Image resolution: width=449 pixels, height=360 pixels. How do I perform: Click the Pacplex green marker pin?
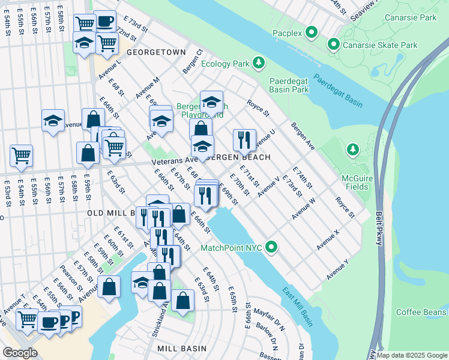click(x=312, y=32)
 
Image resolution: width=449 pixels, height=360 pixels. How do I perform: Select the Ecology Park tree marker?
click(x=258, y=62)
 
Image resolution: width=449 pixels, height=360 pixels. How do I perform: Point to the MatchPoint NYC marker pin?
click(x=271, y=247)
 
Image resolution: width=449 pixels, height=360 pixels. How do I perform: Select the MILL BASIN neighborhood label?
click(x=182, y=349)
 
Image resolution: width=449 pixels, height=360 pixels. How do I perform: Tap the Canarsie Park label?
click(x=411, y=18)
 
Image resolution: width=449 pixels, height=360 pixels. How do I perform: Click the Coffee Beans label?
click(x=421, y=312)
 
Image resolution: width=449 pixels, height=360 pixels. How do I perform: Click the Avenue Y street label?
click(x=337, y=269)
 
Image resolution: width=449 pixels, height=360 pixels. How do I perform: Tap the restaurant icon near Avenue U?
click(x=244, y=140)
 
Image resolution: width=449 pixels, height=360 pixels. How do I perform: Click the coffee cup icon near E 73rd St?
click(x=105, y=21)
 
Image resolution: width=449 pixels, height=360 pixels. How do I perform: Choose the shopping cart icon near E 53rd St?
click(x=22, y=155)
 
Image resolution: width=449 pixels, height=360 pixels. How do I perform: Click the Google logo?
click(x=20, y=353)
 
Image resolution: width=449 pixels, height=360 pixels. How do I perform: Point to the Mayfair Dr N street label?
click(x=267, y=313)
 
